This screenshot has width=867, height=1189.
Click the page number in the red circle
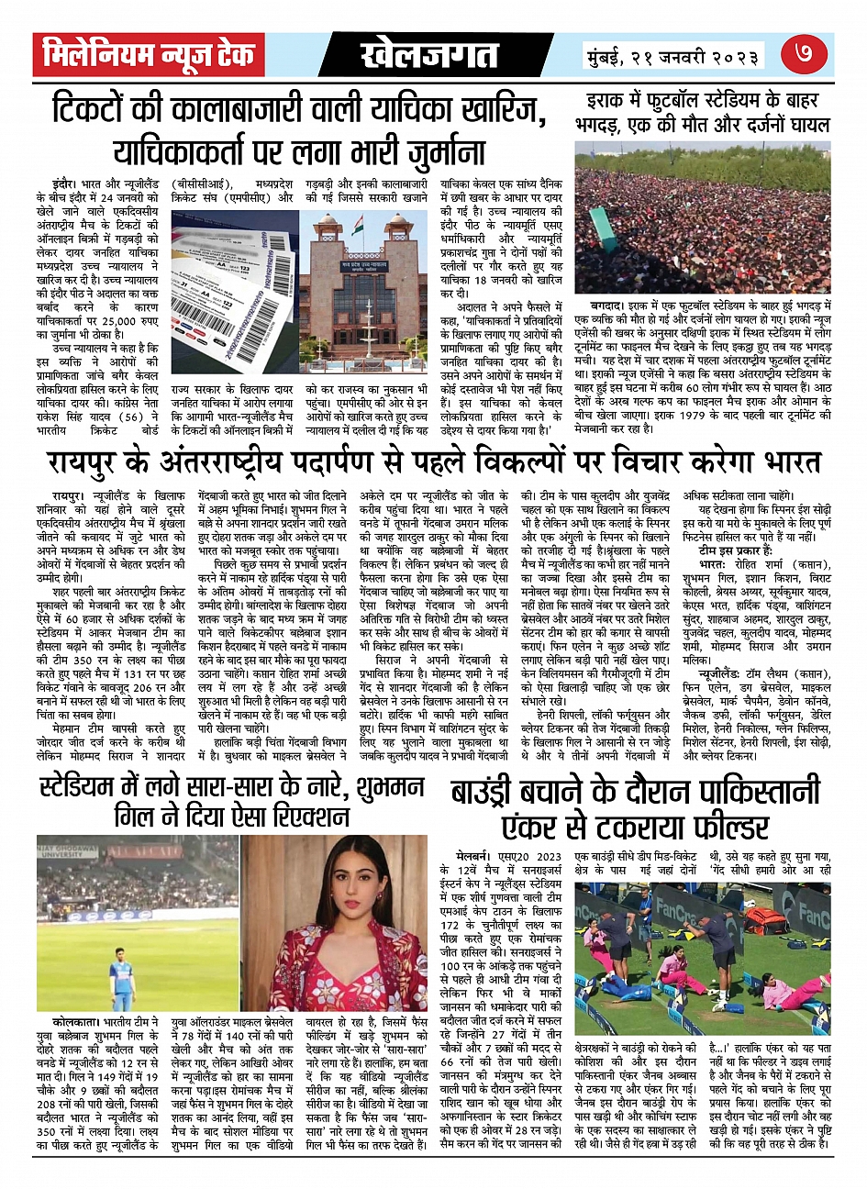pyautogui.click(x=807, y=55)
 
